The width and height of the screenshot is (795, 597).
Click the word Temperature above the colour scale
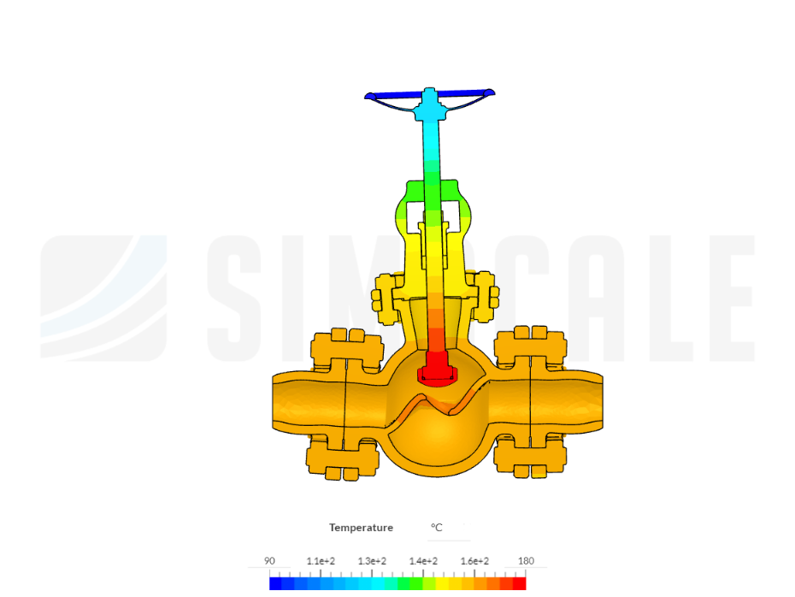[x=361, y=528]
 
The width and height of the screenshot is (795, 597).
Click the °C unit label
[x=437, y=528]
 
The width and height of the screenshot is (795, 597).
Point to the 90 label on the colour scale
[x=269, y=561]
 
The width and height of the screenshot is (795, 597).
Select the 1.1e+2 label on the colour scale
[x=321, y=561]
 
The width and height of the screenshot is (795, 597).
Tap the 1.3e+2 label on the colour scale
[x=372, y=561]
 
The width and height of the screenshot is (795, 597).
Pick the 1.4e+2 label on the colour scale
[x=423, y=561]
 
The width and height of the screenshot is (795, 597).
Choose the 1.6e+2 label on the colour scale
[x=474, y=561]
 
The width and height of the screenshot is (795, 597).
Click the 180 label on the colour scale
[x=526, y=561]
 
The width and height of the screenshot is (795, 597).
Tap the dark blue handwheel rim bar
[x=430, y=94]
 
